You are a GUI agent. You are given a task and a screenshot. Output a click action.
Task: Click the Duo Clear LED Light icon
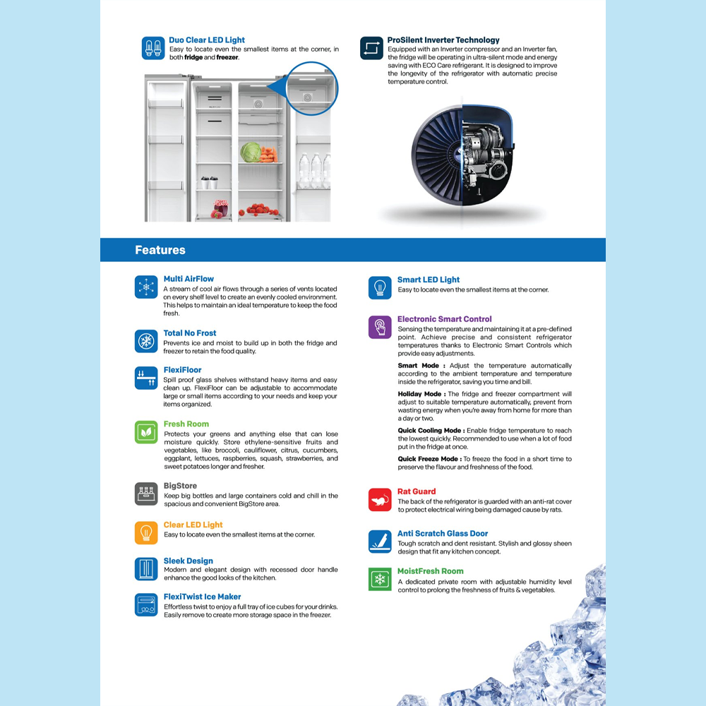coord(153,48)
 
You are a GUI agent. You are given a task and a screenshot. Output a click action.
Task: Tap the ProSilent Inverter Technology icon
coord(371,48)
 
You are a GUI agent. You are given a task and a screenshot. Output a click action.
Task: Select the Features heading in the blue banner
coord(160,250)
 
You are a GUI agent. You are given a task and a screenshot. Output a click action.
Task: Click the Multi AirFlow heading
coord(189,279)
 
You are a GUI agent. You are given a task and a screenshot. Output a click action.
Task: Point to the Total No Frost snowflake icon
coord(146,341)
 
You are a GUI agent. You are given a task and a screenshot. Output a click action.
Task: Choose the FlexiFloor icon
coord(146,378)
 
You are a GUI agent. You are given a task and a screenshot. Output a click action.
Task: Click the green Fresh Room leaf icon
coord(146,432)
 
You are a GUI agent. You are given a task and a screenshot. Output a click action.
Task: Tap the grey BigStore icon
coord(146,493)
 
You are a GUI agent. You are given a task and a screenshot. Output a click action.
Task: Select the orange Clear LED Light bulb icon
coord(146,532)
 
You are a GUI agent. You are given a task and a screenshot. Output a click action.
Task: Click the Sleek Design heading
coord(189,561)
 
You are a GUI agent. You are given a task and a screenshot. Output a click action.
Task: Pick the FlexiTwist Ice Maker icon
coord(146,604)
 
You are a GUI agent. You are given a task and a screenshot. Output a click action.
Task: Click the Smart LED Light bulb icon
coord(380,287)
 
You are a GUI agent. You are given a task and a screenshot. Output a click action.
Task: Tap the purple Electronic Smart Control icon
coord(380,327)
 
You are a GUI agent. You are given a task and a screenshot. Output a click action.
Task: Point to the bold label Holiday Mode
coord(421,394)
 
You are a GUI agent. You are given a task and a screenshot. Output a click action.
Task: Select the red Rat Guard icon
coord(380,499)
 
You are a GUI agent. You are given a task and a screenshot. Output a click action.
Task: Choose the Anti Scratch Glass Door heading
coord(443,534)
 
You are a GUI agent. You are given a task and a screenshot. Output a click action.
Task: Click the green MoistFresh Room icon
coord(380,579)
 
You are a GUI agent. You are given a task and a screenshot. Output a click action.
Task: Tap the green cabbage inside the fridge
coord(250,152)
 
